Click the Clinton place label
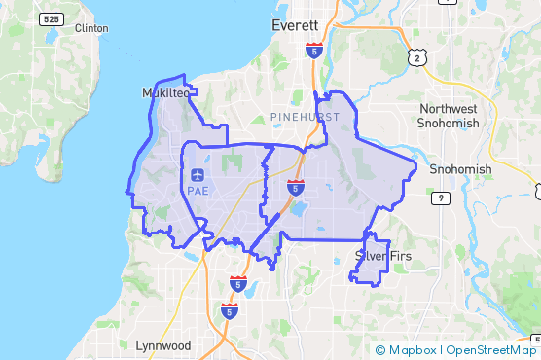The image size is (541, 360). [91, 28]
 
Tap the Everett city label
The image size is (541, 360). [296, 25]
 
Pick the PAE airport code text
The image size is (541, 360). [198, 191]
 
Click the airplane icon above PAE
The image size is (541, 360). [198, 175]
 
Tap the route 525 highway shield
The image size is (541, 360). [54, 19]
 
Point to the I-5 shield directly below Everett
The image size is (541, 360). [312, 49]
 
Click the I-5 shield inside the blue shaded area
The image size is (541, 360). [295, 186]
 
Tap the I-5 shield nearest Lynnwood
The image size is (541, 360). [229, 311]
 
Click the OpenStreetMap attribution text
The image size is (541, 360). [492, 350]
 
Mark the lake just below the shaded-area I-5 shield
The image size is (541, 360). [297, 208]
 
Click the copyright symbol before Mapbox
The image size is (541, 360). [380, 350]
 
